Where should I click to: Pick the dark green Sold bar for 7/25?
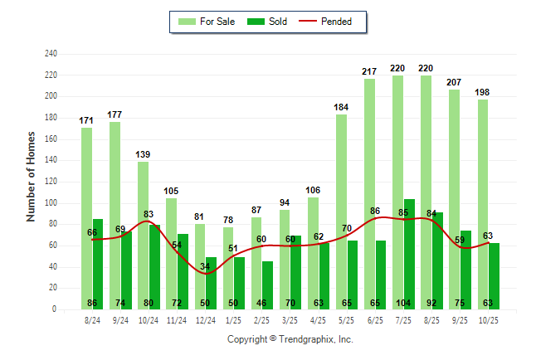click(x=409, y=249)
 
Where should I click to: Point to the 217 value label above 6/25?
click(x=369, y=72)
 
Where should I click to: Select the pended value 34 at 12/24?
click(x=205, y=267)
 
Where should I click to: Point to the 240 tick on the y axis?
click(x=51, y=54)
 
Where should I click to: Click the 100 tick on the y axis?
click(x=51, y=203)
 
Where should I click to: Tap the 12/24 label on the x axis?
click(x=205, y=319)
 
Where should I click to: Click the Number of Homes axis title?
click(x=32, y=177)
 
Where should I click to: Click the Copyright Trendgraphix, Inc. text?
click(x=290, y=339)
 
